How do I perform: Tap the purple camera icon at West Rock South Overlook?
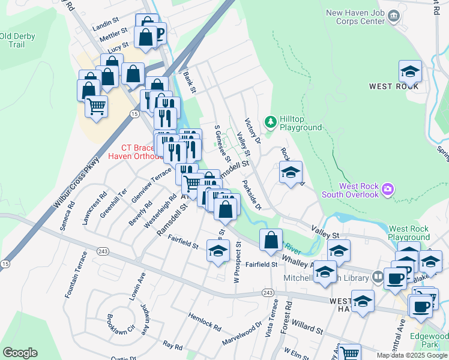point(388,190)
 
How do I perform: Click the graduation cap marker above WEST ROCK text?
point(411,71)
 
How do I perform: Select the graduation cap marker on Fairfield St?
point(218,251)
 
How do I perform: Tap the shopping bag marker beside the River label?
point(271,240)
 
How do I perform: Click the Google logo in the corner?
point(20,353)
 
